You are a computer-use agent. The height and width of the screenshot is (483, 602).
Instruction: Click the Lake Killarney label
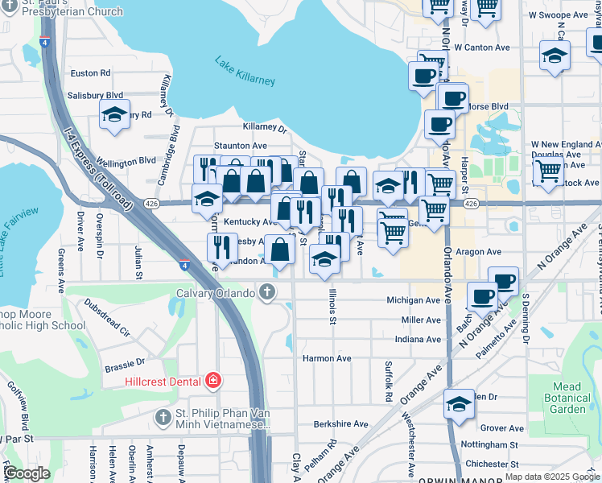245,71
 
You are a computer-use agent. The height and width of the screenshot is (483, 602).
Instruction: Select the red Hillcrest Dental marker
212,380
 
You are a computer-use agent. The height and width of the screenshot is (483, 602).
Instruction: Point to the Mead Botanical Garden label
567,398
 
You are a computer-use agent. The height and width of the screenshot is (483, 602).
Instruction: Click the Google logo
27,473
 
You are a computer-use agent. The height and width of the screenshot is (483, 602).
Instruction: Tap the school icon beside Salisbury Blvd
115,114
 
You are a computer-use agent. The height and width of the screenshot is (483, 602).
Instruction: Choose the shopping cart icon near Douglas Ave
548,171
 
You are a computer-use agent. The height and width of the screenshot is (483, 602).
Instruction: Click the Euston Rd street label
90,73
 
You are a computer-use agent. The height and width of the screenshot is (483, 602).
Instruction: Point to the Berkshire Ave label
340,424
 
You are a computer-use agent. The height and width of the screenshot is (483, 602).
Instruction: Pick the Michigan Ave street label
414,300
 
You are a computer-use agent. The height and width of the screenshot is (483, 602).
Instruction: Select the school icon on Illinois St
324,259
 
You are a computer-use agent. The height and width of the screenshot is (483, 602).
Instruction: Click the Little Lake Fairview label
22,241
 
